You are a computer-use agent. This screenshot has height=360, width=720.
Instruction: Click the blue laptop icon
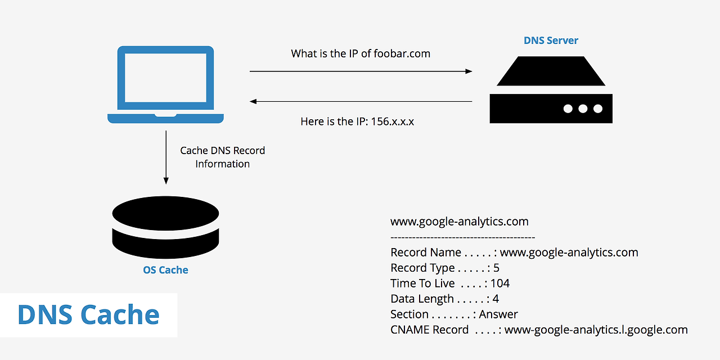166,84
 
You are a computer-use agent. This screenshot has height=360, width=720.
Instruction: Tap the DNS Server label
551,40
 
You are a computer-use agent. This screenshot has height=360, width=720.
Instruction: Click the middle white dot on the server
583,109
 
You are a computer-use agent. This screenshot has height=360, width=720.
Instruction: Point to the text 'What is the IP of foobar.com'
361,54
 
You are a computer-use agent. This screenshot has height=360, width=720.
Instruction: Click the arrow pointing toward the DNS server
361,71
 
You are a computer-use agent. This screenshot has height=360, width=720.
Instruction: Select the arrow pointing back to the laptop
361,102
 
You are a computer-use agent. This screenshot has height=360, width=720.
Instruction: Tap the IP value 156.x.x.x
393,121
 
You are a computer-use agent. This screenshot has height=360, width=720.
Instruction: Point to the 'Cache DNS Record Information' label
222,157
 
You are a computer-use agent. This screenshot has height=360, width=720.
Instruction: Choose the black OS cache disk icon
165,225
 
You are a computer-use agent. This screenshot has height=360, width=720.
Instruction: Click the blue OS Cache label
165,270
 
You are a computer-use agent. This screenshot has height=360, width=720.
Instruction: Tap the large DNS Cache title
88,314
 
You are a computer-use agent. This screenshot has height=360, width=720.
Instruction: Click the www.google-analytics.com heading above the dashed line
460,222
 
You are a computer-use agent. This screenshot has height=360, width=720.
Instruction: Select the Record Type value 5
496,268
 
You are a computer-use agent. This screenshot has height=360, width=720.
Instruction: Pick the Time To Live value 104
500,283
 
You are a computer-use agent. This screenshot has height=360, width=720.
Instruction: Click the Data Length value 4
496,299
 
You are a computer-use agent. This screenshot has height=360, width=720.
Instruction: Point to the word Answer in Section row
498,314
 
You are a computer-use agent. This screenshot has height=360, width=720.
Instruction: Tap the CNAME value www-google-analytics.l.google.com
596,330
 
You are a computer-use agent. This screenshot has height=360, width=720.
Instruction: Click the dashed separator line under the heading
462,237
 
